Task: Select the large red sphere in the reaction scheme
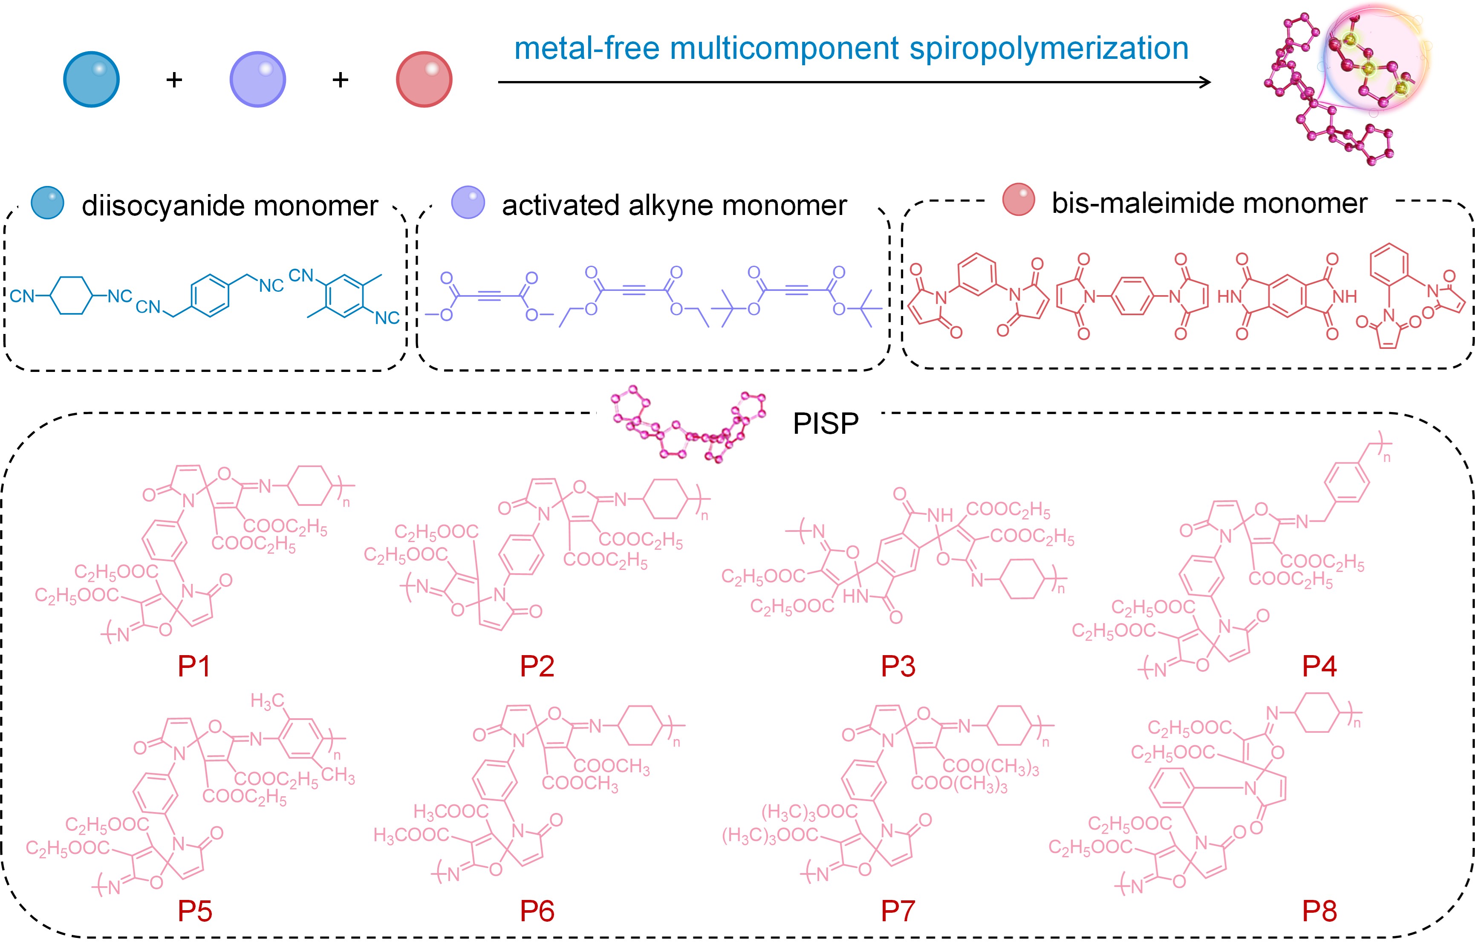coord(424,79)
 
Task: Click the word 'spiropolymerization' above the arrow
coord(1048,49)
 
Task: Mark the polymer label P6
coord(537,911)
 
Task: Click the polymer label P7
coord(898,911)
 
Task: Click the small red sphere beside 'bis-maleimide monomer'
coord(1018,200)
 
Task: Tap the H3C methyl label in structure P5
coord(268,701)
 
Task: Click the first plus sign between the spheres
coord(174,79)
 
